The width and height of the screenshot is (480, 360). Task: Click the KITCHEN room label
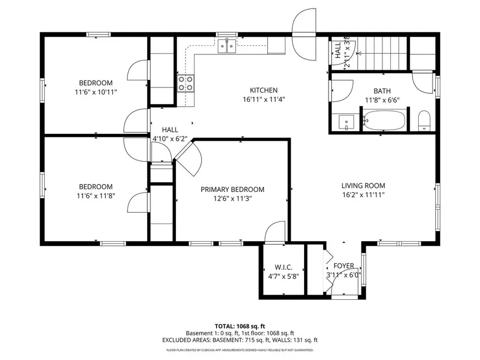point(264,90)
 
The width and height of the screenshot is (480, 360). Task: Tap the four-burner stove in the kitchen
point(186,83)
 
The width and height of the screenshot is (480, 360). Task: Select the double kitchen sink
point(227,47)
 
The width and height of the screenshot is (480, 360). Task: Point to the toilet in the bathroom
point(424,121)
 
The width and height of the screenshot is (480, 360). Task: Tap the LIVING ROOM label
point(363,186)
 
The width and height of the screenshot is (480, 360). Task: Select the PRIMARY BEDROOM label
point(233,189)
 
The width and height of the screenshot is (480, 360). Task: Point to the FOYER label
point(343,266)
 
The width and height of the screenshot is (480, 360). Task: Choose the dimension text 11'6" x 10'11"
point(96,92)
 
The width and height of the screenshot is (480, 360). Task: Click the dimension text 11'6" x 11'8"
point(96,196)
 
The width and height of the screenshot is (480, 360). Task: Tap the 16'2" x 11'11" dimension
point(363,195)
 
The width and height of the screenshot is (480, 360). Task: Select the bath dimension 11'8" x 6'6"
point(382,100)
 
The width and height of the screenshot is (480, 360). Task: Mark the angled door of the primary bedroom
point(188,158)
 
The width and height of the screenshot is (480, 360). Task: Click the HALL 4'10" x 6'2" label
point(170,134)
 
